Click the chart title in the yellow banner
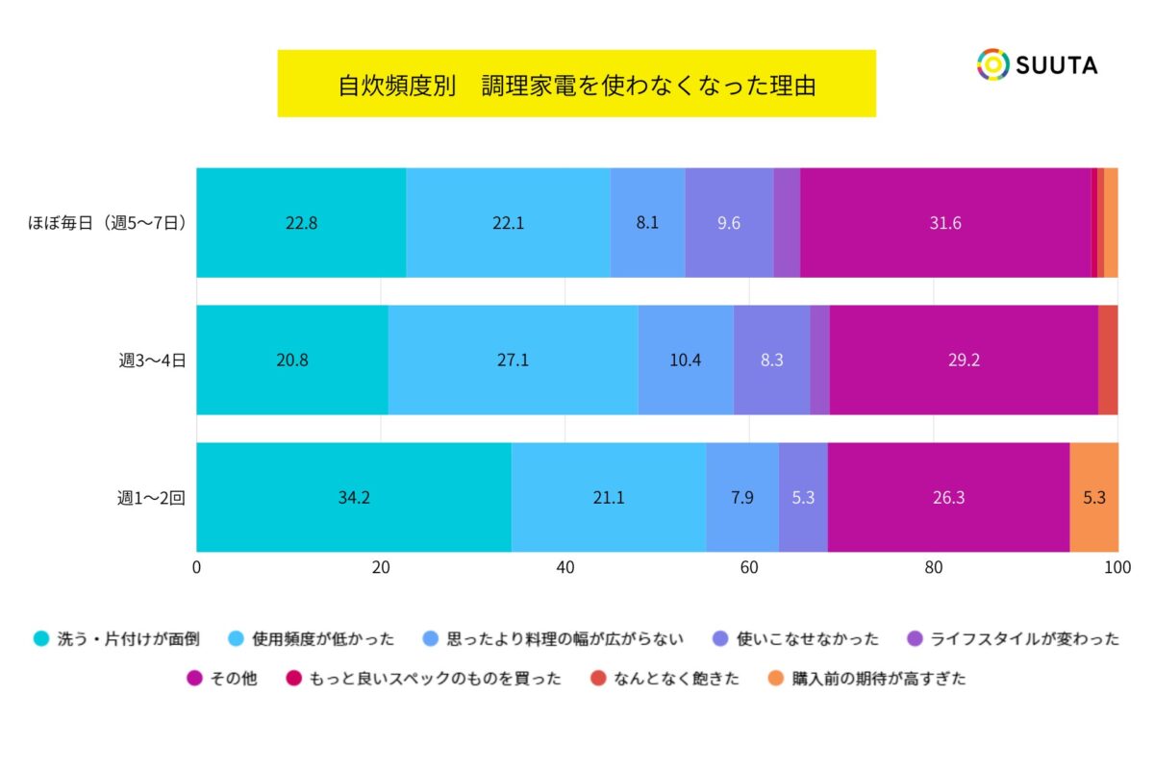click(576, 85)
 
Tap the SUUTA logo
click(1037, 64)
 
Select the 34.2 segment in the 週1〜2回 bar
click(354, 498)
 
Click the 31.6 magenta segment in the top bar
click(945, 223)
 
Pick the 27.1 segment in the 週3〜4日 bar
click(513, 360)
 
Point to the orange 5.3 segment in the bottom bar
click(1093, 498)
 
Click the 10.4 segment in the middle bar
click(685, 360)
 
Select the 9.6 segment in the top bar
click(729, 223)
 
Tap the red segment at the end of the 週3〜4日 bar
click(1108, 360)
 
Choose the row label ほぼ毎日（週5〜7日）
click(106, 223)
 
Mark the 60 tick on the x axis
click(749, 568)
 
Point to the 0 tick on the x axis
click(197, 568)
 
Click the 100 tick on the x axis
click(1116, 568)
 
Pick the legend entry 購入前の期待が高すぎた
click(866, 679)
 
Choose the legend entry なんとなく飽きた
click(665, 679)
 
